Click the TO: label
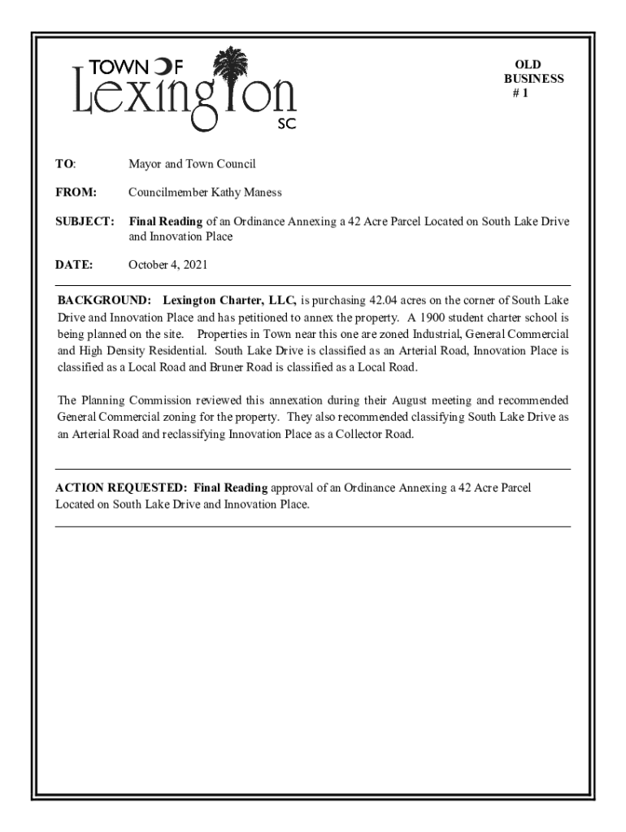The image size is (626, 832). click(65, 164)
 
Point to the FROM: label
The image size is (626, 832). click(76, 193)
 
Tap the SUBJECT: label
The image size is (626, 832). click(85, 222)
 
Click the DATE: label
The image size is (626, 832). click(74, 265)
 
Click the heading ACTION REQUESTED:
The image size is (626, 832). click(122, 488)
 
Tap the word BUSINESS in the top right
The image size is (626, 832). click(533, 79)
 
